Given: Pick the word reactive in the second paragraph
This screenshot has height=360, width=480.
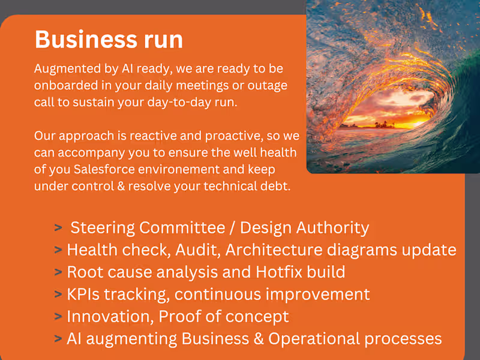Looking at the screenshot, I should pos(140,136).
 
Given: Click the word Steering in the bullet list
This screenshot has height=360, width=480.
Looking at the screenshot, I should pos(103,228).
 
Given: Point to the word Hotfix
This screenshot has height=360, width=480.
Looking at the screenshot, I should pos(278,272).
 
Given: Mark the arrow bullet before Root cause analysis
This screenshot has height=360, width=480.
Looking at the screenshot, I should pos(58,272).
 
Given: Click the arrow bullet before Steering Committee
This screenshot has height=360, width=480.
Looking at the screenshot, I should pos(58,228).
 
